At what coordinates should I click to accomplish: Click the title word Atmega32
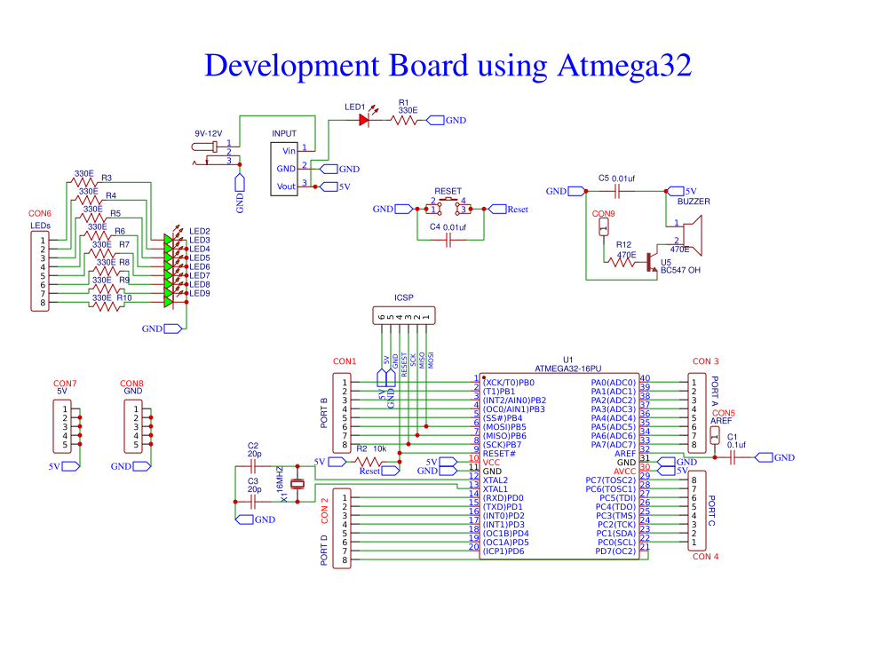[624, 67]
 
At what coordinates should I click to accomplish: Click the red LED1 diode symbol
[363, 119]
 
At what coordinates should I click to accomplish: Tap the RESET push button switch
[448, 206]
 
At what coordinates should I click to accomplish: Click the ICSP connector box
[405, 316]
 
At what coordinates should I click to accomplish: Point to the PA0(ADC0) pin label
[613, 383]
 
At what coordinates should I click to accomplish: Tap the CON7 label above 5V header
[65, 383]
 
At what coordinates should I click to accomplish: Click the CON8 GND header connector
[134, 426]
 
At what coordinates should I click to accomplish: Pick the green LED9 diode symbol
[169, 302]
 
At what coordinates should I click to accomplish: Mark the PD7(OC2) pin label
[615, 551]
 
